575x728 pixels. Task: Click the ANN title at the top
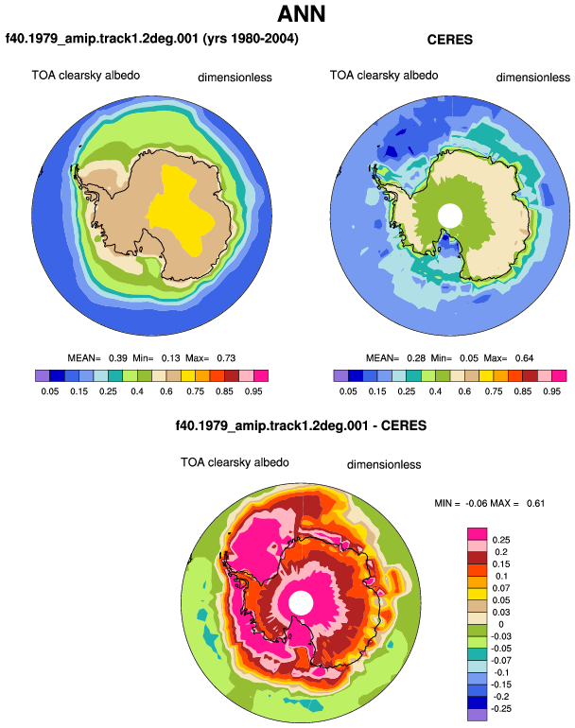(x=301, y=13)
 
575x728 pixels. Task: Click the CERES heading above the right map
(x=449, y=40)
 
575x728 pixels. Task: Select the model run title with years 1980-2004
(x=152, y=38)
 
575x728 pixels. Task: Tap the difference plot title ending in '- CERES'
(x=301, y=425)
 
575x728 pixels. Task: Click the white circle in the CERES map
(x=449, y=216)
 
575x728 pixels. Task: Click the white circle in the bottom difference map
(x=301, y=603)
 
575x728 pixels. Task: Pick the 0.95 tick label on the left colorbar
(x=253, y=391)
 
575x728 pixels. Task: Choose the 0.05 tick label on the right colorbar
(x=348, y=391)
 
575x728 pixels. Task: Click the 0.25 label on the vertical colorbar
(x=501, y=540)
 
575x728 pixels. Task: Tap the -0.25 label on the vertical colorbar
(x=501, y=709)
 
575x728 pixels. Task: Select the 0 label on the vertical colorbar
(x=500, y=624)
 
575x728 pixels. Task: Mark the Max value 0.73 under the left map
(x=226, y=358)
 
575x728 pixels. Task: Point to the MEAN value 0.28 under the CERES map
(x=416, y=358)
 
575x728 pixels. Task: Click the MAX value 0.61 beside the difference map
(x=535, y=503)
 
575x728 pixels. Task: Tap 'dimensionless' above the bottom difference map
(x=384, y=465)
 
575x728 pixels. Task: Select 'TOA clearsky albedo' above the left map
(x=86, y=76)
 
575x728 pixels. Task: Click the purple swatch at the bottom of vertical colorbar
(x=477, y=715)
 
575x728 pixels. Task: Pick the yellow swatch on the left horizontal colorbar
(x=188, y=375)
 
